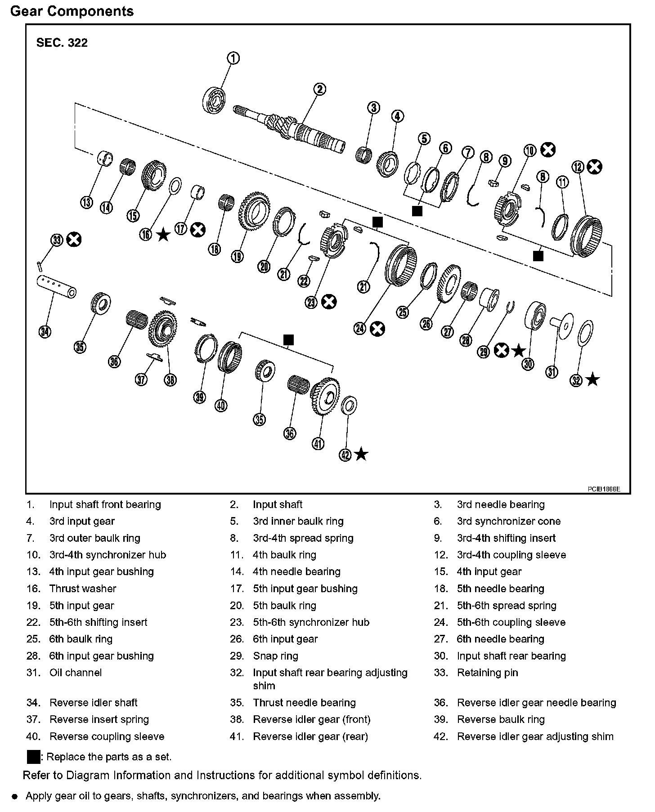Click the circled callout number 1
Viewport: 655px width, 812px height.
click(x=233, y=58)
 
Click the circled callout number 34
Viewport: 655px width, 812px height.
click(x=45, y=332)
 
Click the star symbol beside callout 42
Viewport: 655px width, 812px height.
click(x=361, y=455)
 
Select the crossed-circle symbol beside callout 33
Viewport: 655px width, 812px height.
click(x=74, y=240)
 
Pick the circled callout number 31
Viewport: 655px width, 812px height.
click(x=552, y=372)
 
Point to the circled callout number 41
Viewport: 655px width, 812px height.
click(x=318, y=444)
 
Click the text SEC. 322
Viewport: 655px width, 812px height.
click(x=62, y=43)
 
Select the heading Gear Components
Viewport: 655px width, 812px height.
click(x=72, y=11)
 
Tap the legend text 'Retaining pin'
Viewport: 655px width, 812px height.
click(x=487, y=673)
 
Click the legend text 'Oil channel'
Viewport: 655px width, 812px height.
click(x=76, y=673)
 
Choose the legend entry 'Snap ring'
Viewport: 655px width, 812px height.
click(x=275, y=656)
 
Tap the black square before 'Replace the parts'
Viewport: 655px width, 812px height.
click(x=34, y=757)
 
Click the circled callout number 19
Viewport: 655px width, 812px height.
click(x=237, y=257)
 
